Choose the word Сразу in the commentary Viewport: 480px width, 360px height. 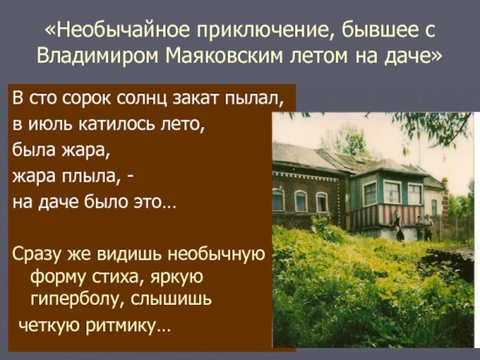click(37, 255)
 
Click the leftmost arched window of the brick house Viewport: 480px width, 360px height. click(278, 200)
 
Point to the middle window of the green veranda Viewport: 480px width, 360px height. click(392, 192)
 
